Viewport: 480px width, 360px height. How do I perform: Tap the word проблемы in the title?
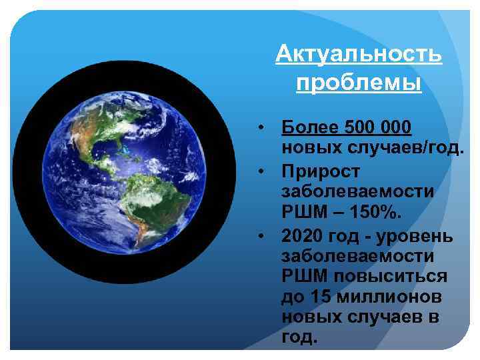pyautogui.click(x=359, y=84)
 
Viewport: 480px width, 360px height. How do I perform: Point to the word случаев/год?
pyautogui.click(x=407, y=149)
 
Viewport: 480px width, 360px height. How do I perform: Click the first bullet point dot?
pyautogui.click(x=264, y=127)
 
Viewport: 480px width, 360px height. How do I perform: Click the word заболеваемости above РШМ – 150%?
pyautogui.click(x=358, y=192)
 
